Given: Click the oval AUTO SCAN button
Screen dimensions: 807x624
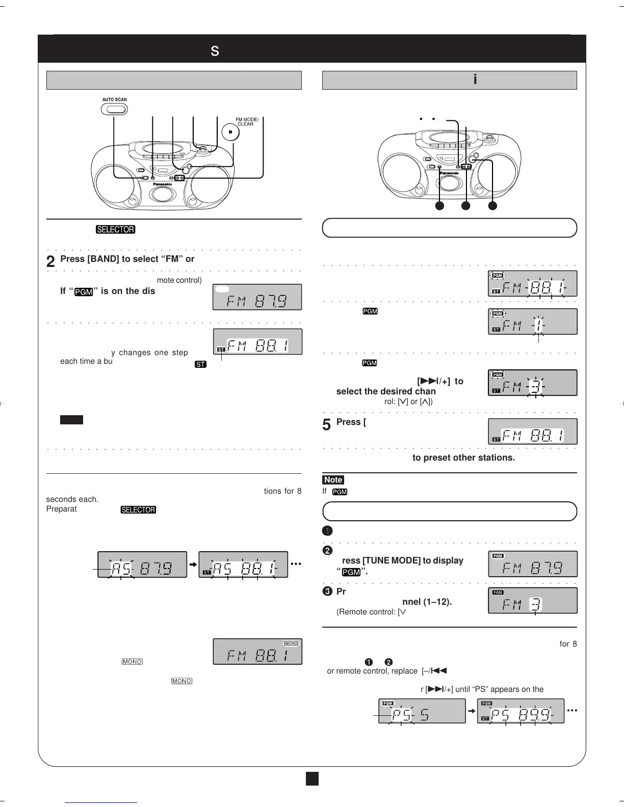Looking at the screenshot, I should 114,109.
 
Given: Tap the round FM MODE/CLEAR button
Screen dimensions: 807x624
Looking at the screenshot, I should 230,132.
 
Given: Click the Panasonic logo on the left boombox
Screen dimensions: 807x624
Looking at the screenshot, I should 162,184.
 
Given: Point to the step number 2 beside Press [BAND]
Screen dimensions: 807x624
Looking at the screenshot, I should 50,262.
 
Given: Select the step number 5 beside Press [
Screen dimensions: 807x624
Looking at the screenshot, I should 327,425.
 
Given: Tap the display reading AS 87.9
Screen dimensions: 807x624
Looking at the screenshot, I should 142,564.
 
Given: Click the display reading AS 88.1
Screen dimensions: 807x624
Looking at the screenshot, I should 243,564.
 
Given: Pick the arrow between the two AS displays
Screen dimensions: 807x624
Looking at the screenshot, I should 193,564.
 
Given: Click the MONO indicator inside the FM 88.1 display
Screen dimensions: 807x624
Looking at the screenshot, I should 291,643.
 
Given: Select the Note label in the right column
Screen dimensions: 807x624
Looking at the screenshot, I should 333,480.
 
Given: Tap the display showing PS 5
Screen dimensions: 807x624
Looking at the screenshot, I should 422,711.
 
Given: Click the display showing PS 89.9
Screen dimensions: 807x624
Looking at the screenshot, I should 521,711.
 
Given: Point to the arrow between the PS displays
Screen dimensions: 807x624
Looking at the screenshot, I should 472,711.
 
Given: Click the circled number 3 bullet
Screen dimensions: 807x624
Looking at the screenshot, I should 327,591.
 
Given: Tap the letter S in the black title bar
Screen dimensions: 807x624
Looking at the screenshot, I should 215,51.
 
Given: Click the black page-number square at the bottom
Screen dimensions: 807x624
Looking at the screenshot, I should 312,779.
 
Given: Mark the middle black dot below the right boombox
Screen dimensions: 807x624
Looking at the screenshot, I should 465,206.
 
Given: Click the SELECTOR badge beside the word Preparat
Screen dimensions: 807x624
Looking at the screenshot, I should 138,510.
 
